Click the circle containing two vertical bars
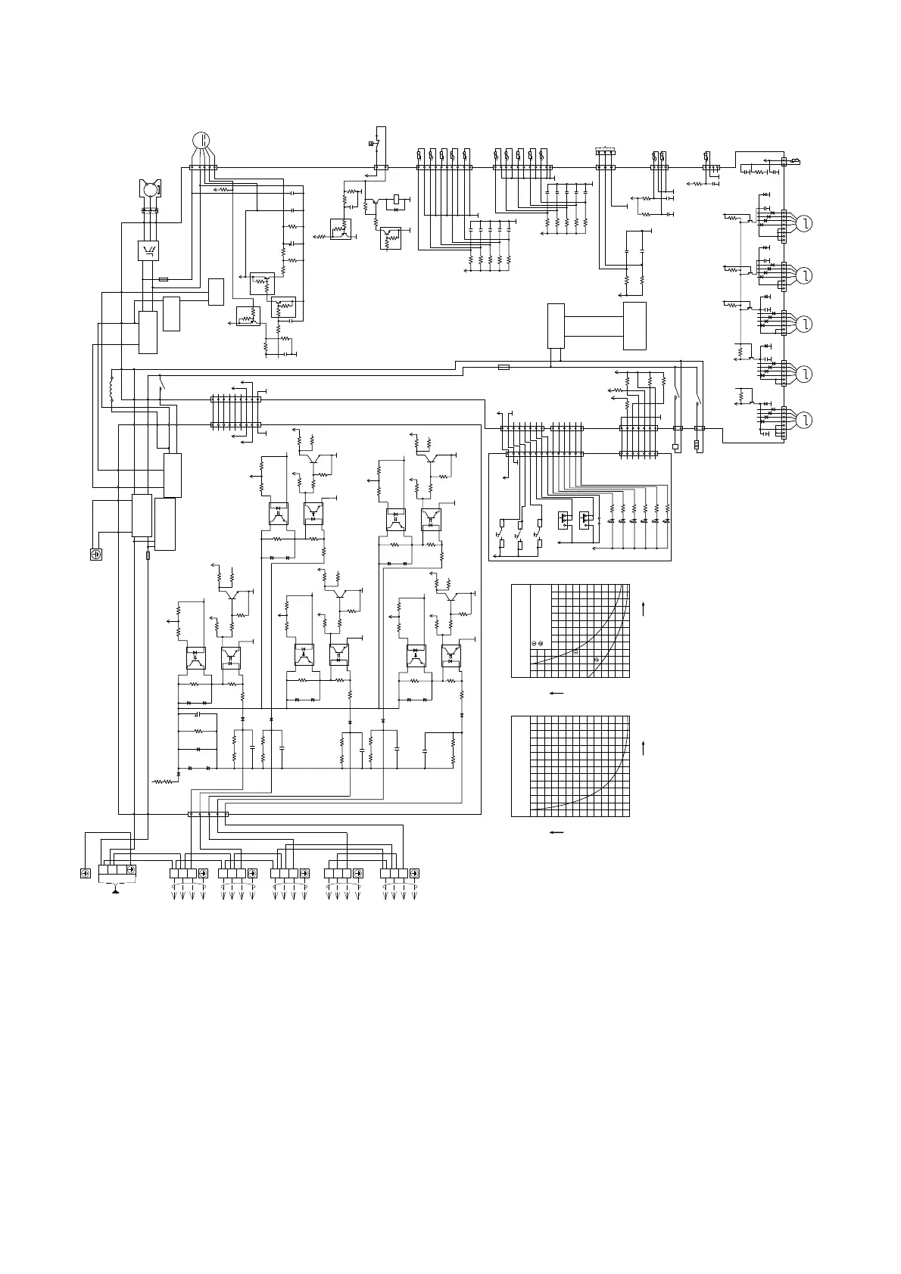201,140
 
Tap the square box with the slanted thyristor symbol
148,250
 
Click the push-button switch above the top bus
373,143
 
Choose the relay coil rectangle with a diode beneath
397,198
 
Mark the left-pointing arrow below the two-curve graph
556,693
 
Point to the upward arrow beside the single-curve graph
643,750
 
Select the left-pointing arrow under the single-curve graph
556,832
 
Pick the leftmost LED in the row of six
611,521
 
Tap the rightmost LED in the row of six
666,521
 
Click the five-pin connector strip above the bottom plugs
207,814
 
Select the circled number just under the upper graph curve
575,652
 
